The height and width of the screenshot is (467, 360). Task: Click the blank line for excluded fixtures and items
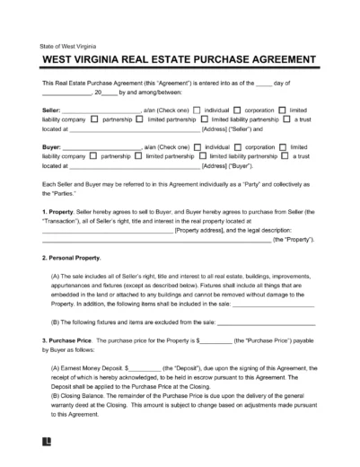[x=267, y=321]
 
